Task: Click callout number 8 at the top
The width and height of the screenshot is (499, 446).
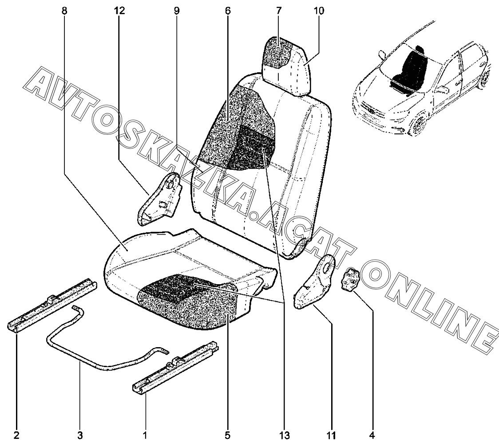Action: (x=65, y=11)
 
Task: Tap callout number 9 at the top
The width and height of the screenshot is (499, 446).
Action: (x=176, y=11)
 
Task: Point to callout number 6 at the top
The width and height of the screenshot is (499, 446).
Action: (x=228, y=11)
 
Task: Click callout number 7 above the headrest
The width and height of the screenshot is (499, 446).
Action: (x=278, y=11)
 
